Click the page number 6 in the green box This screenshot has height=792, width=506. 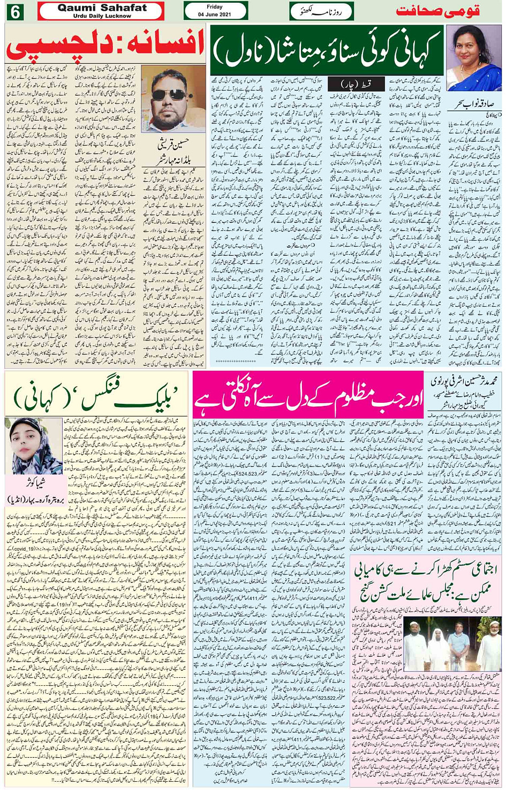14,11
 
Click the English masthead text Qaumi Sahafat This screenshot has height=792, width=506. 102,8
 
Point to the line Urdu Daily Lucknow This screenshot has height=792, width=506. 102,16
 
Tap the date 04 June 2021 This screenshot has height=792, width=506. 214,14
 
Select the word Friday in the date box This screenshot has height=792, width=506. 214,7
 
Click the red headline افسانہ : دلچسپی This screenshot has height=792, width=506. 106,47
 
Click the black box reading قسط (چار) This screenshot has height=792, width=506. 363,84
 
